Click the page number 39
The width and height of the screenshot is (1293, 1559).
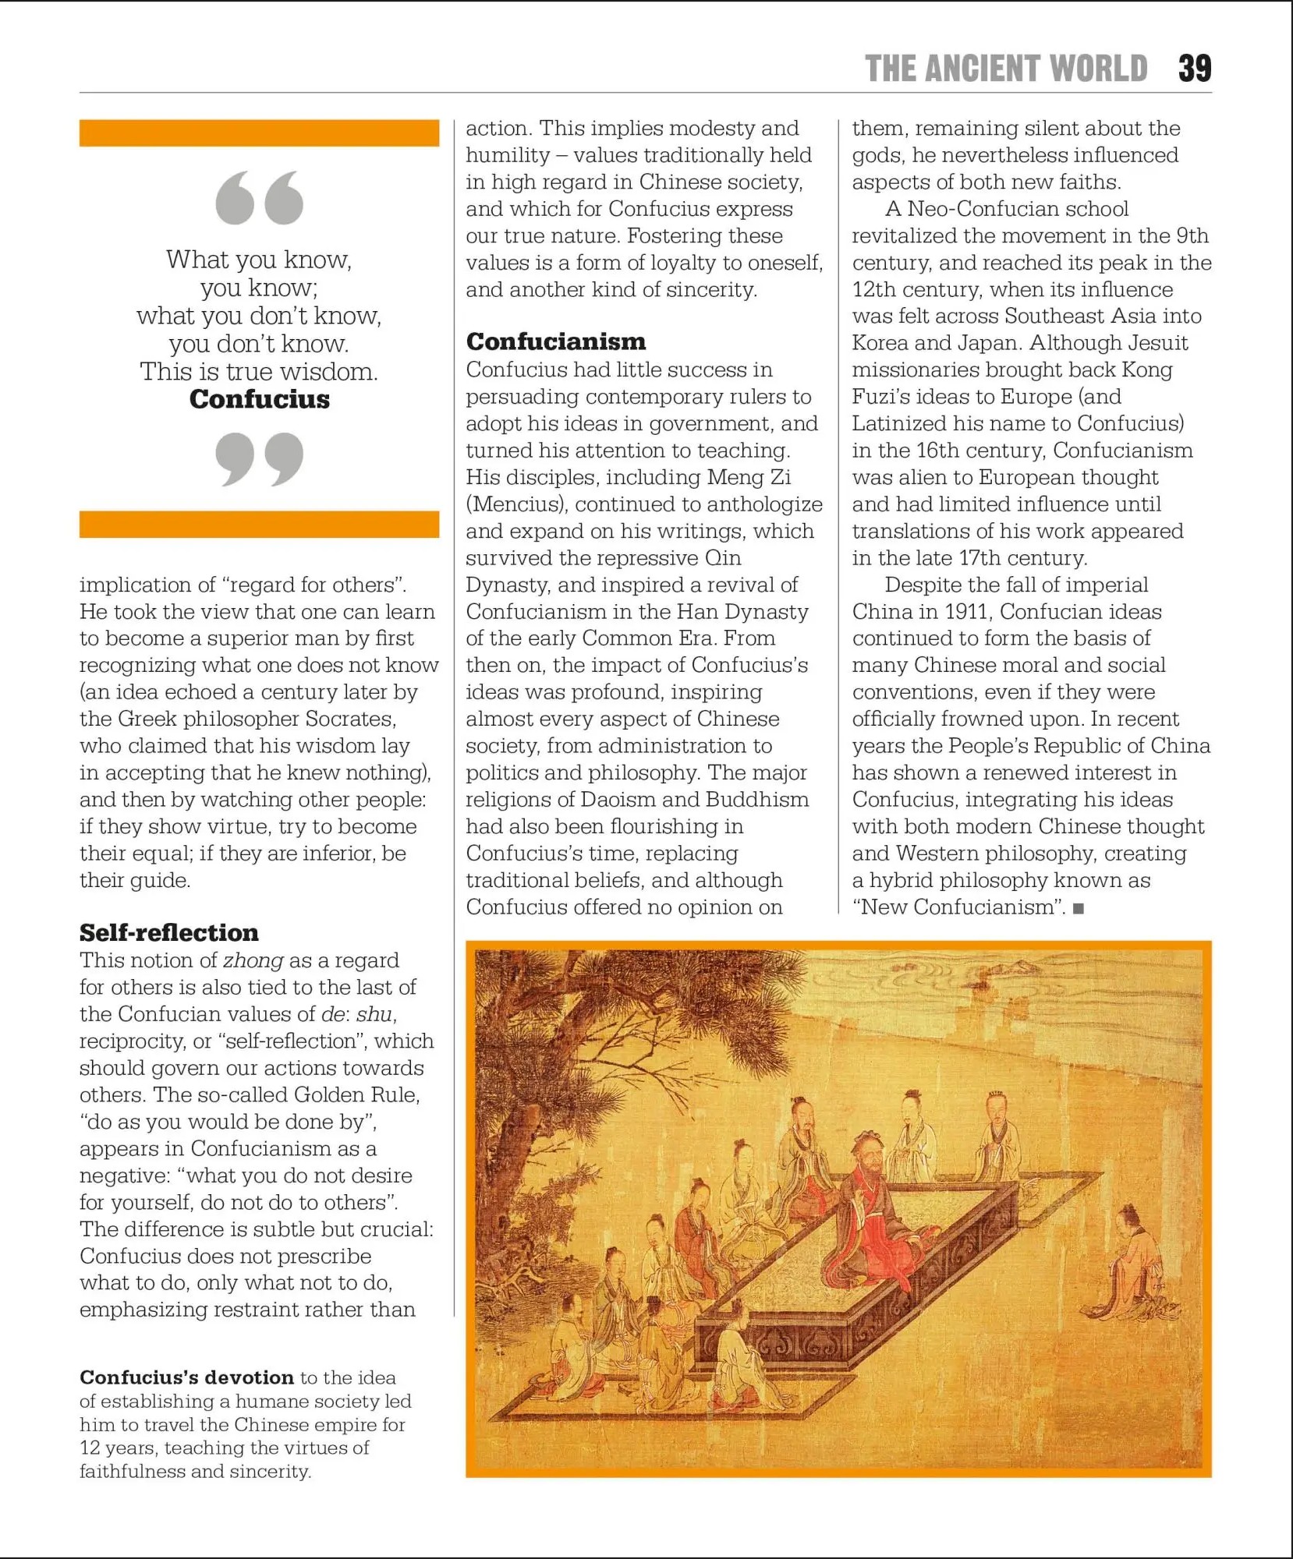(1194, 69)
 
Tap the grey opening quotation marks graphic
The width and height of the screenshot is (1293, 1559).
(259, 198)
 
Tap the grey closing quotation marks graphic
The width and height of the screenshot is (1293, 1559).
(259, 458)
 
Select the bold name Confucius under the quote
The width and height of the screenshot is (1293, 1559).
(259, 399)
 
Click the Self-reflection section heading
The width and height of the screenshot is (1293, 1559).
(168, 932)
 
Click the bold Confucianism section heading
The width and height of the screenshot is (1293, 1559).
(555, 341)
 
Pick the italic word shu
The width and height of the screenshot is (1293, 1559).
(374, 1014)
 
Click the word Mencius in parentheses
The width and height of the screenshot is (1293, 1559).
(515, 504)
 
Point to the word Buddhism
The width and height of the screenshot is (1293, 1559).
(757, 800)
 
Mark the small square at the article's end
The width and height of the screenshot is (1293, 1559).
(1079, 908)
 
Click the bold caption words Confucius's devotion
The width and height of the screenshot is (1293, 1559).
(186, 1377)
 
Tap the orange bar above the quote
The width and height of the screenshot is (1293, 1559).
(259, 133)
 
